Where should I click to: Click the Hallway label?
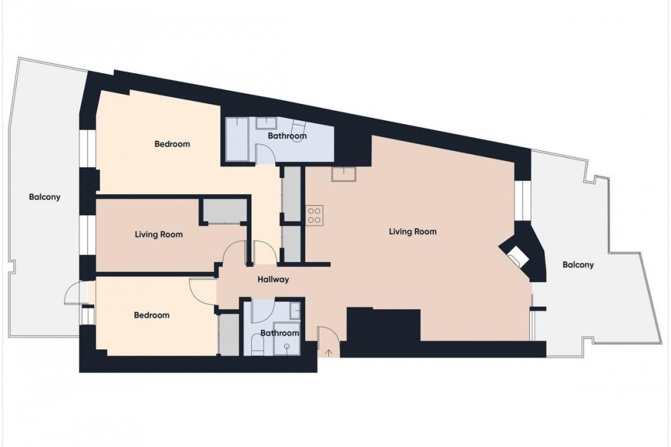pos(273,280)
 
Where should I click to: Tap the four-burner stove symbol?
pos(314,215)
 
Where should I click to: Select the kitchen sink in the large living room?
pos(344,175)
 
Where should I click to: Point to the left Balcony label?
pos(44,197)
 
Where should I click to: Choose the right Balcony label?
pos(578,264)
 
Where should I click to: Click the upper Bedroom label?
pos(172,144)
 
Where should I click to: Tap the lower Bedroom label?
pos(152,315)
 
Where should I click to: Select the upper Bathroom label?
pos(287,136)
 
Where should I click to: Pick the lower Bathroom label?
pos(279,333)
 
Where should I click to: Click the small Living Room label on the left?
pos(159,235)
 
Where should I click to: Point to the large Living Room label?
pos(413,232)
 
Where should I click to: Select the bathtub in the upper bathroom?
pos(237,140)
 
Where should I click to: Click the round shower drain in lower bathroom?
pos(287,346)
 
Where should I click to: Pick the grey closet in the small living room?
pos(225,210)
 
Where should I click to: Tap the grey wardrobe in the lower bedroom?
pos(229,334)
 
